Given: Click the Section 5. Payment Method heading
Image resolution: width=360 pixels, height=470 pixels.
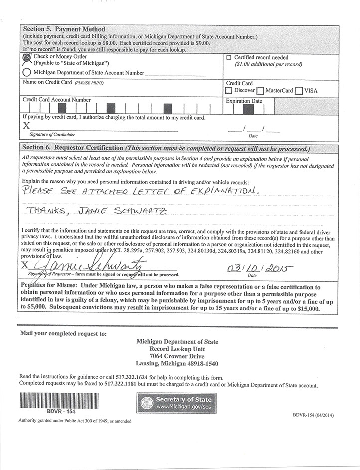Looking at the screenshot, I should (64, 29).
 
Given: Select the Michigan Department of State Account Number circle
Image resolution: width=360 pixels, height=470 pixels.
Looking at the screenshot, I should (26, 72).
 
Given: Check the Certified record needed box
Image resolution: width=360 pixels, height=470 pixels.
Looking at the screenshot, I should (229, 58).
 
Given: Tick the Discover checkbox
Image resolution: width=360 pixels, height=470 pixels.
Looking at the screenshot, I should (229, 91).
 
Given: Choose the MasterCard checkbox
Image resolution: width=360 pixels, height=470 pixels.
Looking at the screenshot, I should (260, 91).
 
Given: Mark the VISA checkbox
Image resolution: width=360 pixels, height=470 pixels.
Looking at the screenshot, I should (299, 91).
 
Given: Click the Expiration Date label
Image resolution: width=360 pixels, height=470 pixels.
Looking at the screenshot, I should (244, 101).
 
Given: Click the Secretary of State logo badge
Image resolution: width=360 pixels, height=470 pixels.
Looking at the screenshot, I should (176, 403).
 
